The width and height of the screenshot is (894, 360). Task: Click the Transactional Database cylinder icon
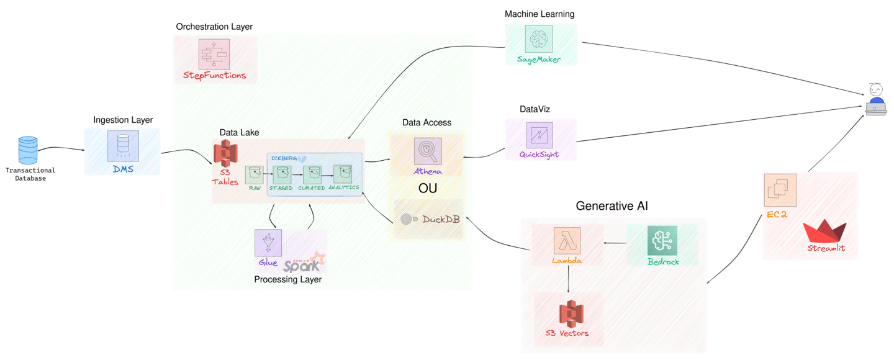pos(28,151)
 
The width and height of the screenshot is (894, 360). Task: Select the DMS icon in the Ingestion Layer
pos(123,147)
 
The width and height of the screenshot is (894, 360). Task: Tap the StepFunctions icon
pos(214,55)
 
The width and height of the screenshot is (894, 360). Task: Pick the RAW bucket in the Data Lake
pos(254,174)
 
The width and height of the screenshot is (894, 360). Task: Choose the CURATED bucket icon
pos(312,174)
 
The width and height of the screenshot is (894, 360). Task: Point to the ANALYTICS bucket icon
pos(343,174)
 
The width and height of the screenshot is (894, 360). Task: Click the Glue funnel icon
pos(268,243)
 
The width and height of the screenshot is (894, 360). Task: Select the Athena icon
pos(428,151)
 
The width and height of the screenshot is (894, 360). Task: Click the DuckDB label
pos(441,219)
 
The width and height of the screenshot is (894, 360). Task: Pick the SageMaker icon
pos(538,39)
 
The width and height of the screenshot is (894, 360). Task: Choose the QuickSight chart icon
pos(540,135)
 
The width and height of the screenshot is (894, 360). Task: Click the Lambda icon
pos(567,241)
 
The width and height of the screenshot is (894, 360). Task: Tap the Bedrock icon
pos(662,241)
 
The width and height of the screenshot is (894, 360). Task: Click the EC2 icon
pos(780,190)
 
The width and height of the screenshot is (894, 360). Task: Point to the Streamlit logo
pos(825,232)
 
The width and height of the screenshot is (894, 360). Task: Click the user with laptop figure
pos(875,99)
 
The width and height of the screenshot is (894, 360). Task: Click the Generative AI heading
pos(612,206)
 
